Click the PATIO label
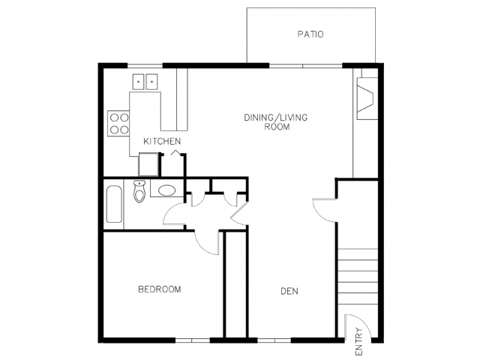(310, 34)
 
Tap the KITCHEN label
(162, 141)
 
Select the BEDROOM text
(160, 289)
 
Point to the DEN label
(289, 291)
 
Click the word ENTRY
(358, 342)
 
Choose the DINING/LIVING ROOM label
(276, 121)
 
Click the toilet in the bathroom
(139, 191)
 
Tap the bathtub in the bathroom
(114, 204)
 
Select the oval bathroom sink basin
(166, 190)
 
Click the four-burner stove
(118, 123)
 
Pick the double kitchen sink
(145, 82)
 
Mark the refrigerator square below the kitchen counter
(148, 164)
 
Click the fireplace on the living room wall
(367, 98)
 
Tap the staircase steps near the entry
(358, 277)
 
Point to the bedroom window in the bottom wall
(192, 340)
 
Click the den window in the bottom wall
(274, 340)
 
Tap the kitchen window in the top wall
(145, 65)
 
